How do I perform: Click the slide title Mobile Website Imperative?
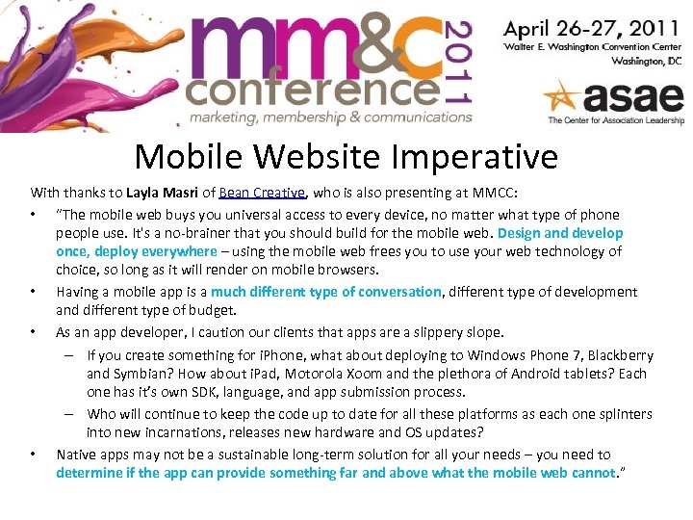point(346,156)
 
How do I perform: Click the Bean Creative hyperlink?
point(263,192)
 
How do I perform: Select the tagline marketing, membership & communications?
point(330,117)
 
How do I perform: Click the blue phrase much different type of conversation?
point(326,292)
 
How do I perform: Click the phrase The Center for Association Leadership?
point(615,120)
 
